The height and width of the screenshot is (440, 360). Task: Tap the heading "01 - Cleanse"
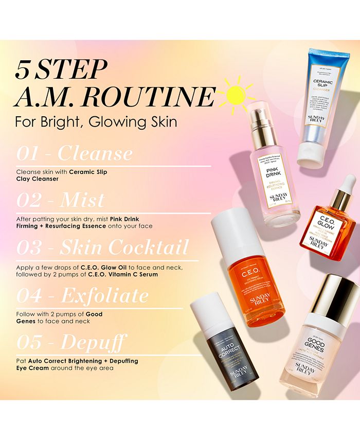(75, 153)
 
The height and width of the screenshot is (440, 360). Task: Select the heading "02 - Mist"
(61, 200)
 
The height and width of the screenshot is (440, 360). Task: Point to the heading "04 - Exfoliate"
(83, 295)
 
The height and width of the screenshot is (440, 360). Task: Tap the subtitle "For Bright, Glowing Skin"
(96, 122)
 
